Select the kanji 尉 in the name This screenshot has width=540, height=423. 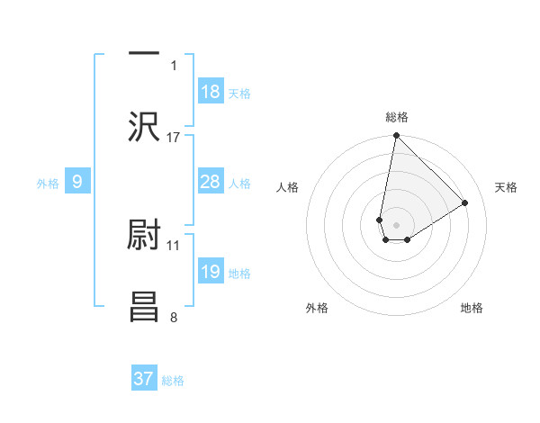click(144, 236)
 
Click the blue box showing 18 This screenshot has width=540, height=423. click(211, 92)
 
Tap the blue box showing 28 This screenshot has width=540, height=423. click(211, 182)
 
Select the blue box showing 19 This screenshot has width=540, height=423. click(211, 272)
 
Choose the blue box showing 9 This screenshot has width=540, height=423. click(77, 182)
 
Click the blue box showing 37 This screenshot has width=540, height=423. click(144, 379)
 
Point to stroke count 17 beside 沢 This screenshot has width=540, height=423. click(174, 138)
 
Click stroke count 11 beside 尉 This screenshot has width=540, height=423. click(174, 245)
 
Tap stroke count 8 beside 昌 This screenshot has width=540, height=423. click(174, 317)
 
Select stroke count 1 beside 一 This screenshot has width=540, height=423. click(174, 65)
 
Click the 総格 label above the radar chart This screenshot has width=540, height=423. click(397, 118)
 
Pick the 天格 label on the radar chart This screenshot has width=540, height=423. click(506, 187)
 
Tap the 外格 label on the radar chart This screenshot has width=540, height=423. click(317, 308)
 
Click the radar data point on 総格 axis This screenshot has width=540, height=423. click(396, 137)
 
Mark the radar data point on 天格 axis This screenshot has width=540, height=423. click(465, 202)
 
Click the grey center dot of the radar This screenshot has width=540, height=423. click(396, 225)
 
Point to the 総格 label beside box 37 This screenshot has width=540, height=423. click(173, 380)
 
